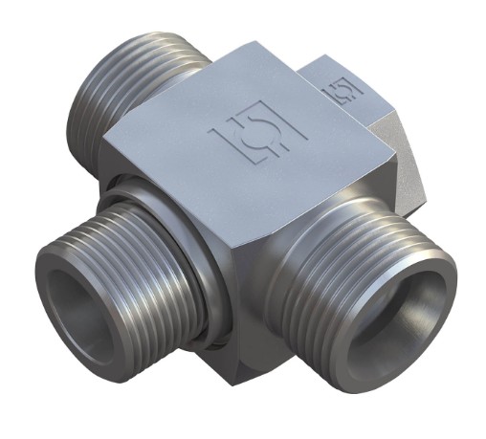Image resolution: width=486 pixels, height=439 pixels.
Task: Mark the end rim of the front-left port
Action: tap(57, 287)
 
